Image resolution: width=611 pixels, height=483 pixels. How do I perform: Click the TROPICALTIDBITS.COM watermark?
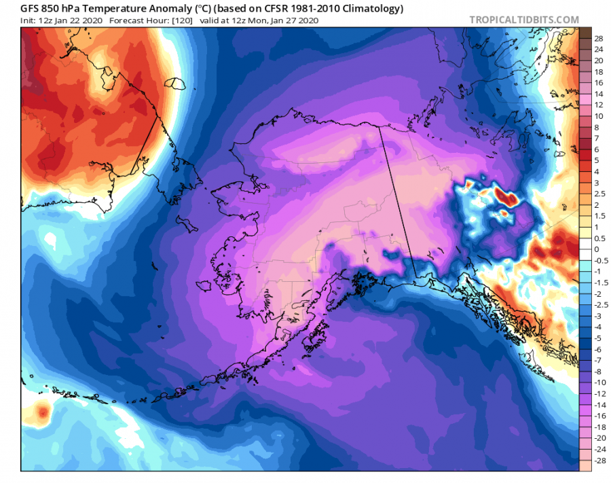524,20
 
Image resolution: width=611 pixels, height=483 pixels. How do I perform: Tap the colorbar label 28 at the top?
599,38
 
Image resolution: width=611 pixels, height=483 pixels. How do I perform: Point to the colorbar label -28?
600,461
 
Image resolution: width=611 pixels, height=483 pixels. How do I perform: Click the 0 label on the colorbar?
597,249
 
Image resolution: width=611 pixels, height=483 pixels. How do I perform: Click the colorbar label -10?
600,382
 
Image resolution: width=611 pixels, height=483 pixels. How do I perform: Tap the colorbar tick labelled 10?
599,116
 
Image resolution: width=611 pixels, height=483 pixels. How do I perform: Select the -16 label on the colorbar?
600,416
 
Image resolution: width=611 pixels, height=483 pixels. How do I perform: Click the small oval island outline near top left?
179,84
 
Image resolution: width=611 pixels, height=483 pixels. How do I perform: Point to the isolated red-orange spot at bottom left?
43,411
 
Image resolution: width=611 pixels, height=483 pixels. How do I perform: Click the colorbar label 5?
597,160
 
